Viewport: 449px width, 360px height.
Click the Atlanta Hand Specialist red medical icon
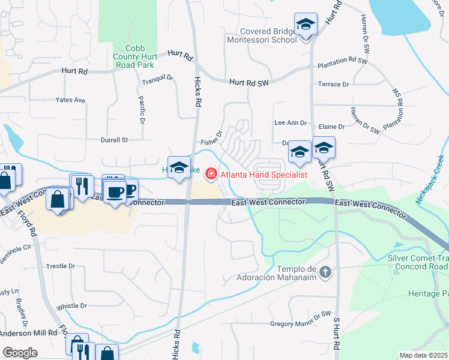tap(211, 175)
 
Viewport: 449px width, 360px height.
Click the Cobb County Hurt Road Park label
tap(140, 56)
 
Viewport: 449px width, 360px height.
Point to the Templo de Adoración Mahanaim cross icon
tap(325, 273)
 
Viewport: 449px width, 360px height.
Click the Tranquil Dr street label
tap(157, 78)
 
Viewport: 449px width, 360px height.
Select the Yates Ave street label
tap(70, 100)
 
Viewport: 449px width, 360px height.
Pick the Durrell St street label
tap(117, 140)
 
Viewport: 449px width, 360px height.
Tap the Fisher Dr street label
tap(212, 139)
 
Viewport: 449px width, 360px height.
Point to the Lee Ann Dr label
tap(291, 122)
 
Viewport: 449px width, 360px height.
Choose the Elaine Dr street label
tap(332, 127)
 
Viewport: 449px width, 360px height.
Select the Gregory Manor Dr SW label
tap(301, 323)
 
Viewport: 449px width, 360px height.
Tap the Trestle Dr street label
tap(61, 266)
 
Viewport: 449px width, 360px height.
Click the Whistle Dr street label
tap(71, 306)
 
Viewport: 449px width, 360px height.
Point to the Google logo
tap(20, 353)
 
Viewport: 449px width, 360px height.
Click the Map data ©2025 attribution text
tap(423, 355)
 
